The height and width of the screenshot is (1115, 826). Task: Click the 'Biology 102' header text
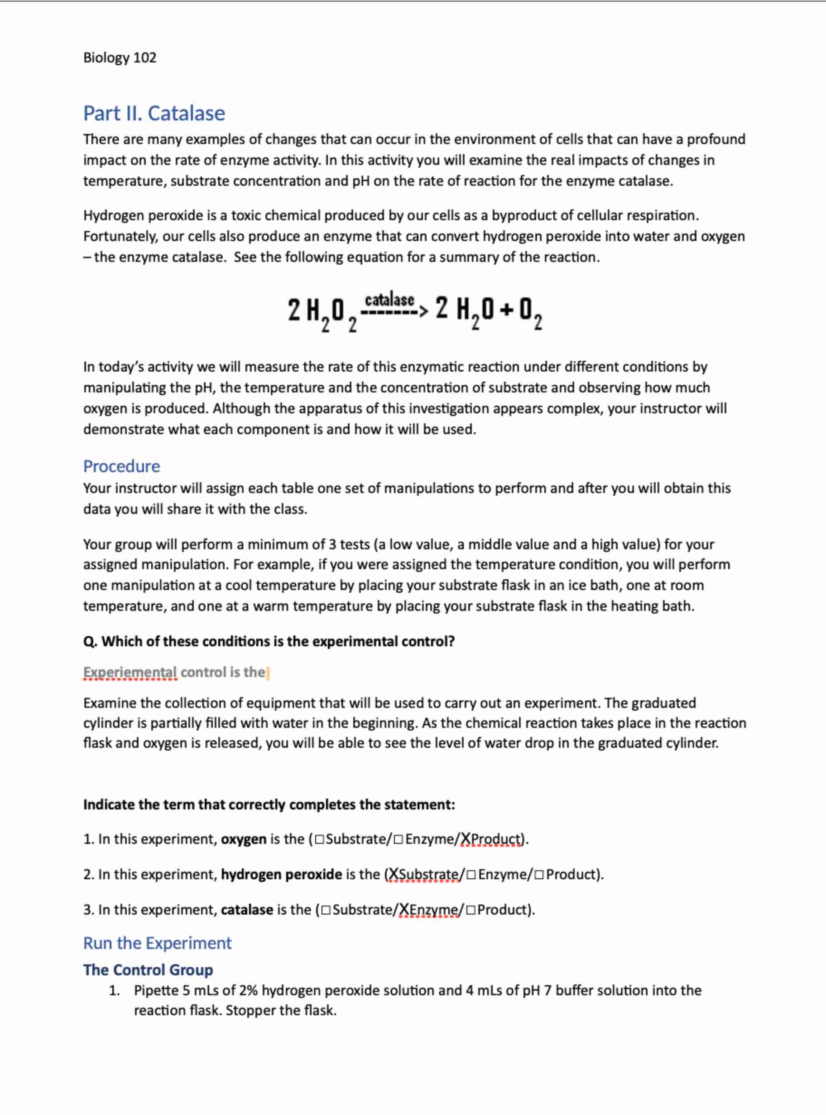point(120,58)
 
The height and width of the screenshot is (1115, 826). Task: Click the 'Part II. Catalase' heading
point(154,113)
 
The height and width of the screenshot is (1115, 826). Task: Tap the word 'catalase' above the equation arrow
point(389,300)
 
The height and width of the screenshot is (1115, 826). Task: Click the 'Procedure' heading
point(121,466)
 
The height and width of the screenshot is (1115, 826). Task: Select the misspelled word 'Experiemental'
point(130,672)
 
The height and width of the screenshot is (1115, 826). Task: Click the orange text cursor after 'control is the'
point(268,673)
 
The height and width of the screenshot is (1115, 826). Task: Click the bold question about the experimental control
point(269,641)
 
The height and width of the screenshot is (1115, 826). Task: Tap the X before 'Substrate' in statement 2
point(394,874)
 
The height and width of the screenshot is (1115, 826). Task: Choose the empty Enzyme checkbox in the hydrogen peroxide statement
point(471,875)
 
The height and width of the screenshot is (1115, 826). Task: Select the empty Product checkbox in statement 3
point(471,910)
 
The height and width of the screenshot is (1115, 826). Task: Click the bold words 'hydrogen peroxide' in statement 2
point(282,874)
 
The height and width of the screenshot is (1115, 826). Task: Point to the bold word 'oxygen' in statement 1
point(244,839)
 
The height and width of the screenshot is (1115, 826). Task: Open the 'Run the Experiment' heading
point(157,943)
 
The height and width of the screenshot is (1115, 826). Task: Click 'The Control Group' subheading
point(148,970)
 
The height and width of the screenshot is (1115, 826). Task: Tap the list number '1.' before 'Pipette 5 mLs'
point(115,990)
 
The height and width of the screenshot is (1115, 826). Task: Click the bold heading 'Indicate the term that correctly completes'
point(269,804)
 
